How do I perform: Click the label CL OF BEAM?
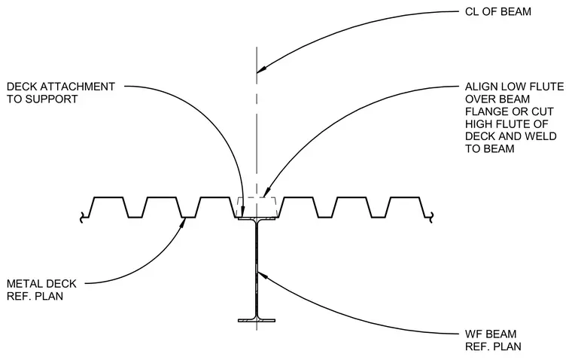(x=498, y=12)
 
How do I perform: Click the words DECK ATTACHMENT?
(x=61, y=87)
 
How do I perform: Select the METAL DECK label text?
(x=41, y=284)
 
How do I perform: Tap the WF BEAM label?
(x=491, y=334)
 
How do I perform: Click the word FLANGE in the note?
(x=485, y=111)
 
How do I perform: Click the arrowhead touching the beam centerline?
(x=263, y=69)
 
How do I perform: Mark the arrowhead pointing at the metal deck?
(x=181, y=224)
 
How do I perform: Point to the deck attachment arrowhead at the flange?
(x=243, y=212)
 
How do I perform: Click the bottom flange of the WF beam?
(x=257, y=321)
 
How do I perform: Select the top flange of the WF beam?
(x=257, y=218)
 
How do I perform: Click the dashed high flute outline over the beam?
(x=257, y=198)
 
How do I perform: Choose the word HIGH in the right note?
(x=478, y=124)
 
